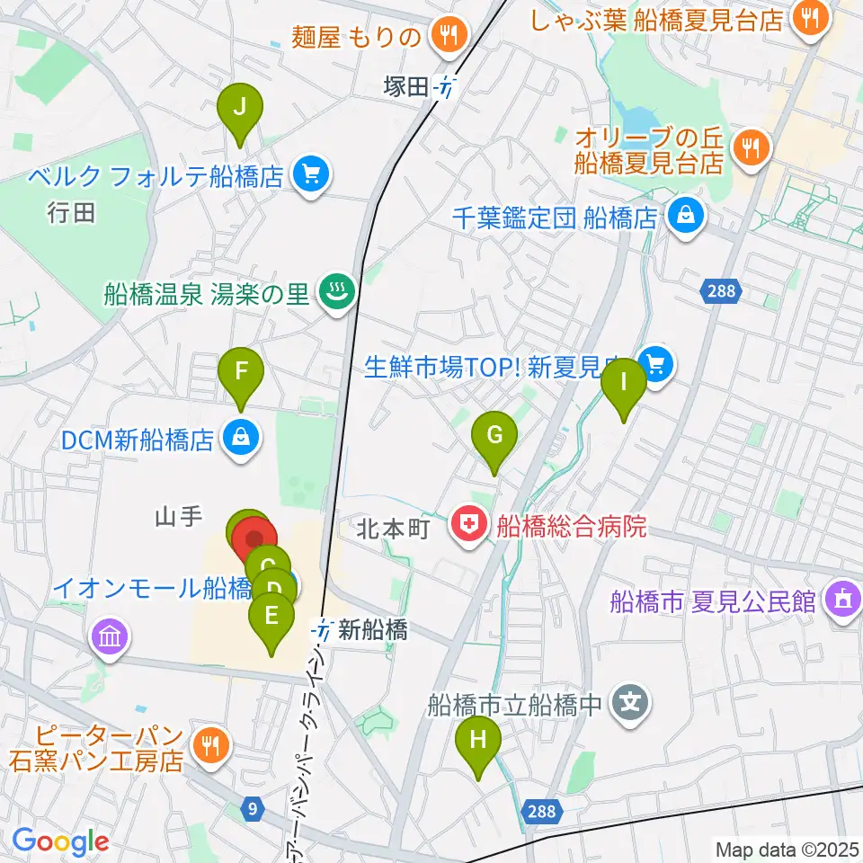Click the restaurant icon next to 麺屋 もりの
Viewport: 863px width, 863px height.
(x=447, y=35)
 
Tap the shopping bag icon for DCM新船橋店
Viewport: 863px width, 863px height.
(x=240, y=439)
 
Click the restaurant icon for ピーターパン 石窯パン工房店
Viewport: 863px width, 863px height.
(x=213, y=745)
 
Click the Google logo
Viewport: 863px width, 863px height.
(x=59, y=842)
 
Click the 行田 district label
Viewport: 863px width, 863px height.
(x=72, y=213)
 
